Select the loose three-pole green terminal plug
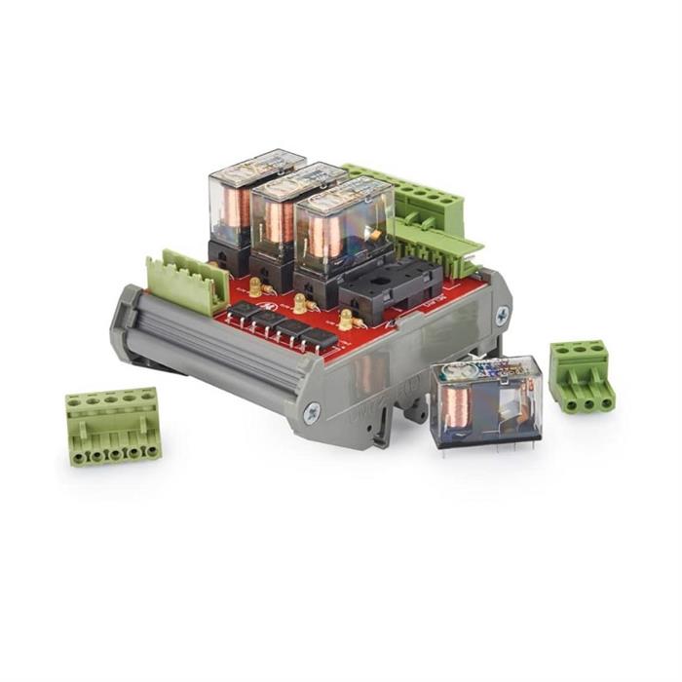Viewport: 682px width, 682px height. (x=581, y=375)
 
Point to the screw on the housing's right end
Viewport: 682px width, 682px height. (x=501, y=315)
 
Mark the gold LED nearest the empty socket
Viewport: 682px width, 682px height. (x=346, y=317)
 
